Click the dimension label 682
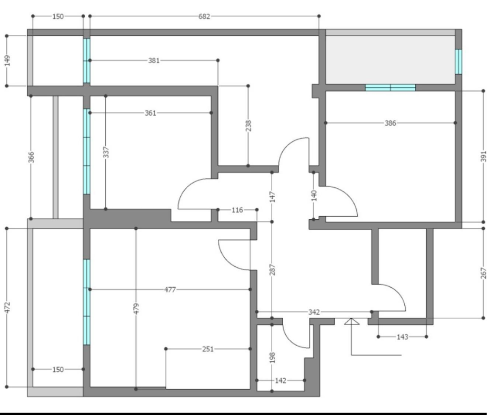coord(204,16)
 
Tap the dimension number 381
coord(154,60)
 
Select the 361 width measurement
coord(151,113)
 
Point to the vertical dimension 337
coord(106,152)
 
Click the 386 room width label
coord(391,123)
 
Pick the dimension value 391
coord(483,156)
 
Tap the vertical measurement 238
coord(248,126)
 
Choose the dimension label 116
coord(237,210)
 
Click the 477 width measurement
coord(170,289)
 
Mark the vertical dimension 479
coord(136,309)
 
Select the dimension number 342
coord(314,312)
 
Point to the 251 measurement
coord(208,349)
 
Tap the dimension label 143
coord(403,337)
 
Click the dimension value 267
coord(483,273)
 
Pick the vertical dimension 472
coord(7,307)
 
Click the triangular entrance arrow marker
coord(352,321)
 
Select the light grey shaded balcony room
coord(390,59)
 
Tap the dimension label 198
coord(272,358)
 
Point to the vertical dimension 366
coord(31,157)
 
